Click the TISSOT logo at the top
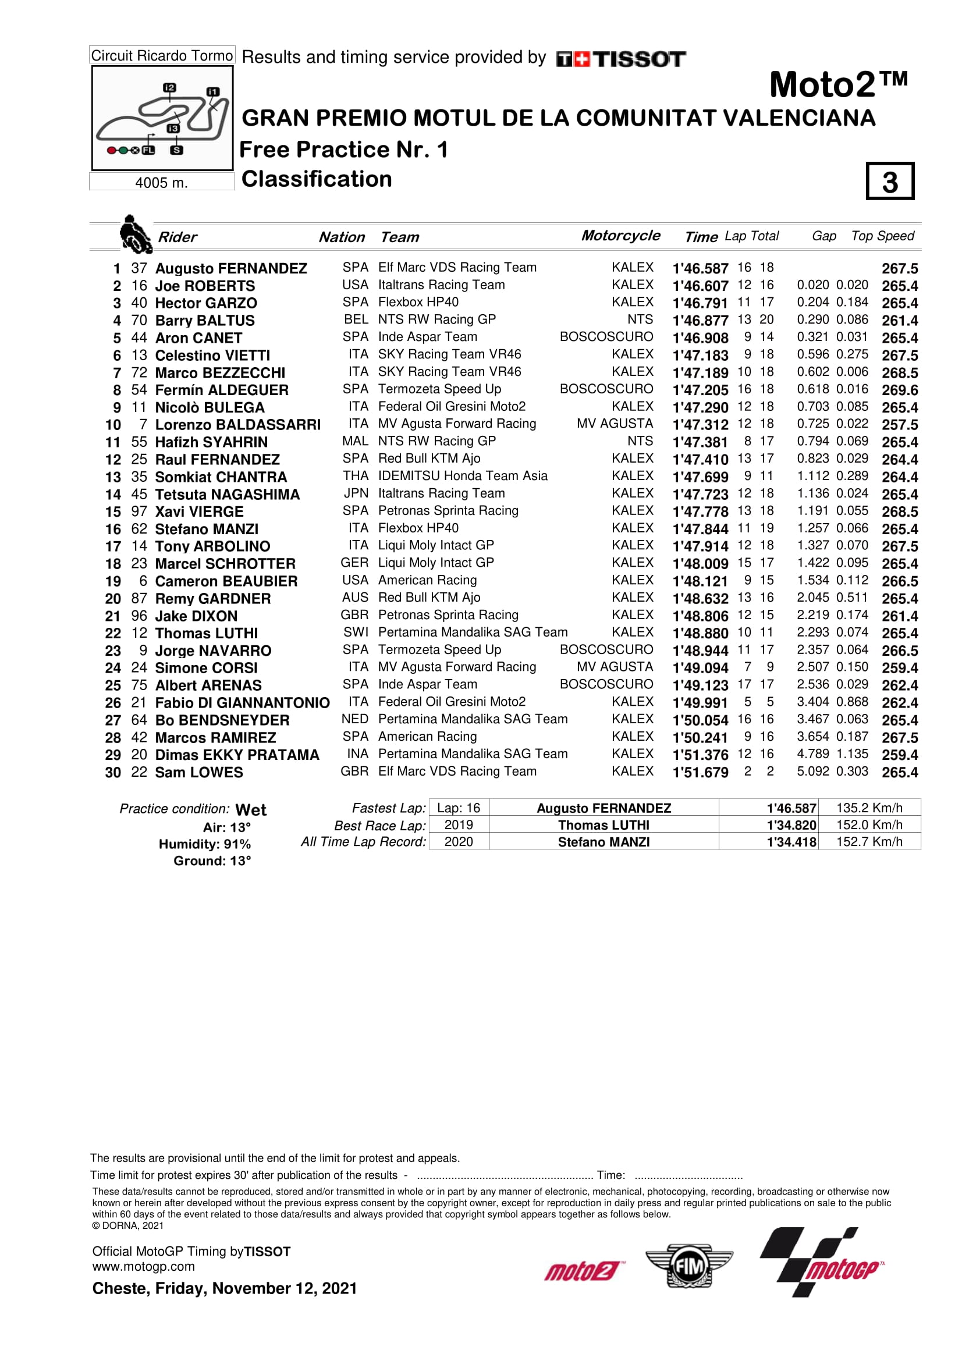click(620, 59)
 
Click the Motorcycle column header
click(620, 235)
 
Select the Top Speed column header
click(882, 236)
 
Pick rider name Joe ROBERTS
click(204, 286)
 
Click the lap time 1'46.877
click(700, 321)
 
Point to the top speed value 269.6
click(899, 390)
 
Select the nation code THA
click(355, 476)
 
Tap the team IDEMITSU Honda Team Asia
click(462, 476)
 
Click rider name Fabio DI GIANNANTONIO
click(242, 703)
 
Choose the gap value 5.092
click(812, 771)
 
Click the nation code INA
click(357, 754)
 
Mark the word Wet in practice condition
click(251, 810)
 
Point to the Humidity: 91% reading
click(204, 844)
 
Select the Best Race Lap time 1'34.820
click(791, 825)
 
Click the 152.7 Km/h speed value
click(868, 842)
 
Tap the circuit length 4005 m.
click(161, 183)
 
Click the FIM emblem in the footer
click(688, 1267)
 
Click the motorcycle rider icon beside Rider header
click(134, 234)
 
